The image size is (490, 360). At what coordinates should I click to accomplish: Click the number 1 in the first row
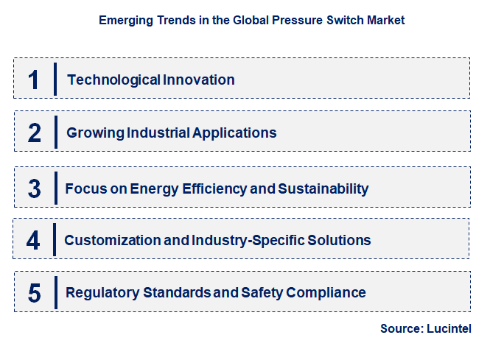pos(33,80)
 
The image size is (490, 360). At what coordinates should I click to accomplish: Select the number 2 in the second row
pos(34,133)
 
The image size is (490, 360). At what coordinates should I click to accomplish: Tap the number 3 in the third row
pos(34,188)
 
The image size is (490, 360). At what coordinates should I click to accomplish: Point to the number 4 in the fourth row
pos(34,240)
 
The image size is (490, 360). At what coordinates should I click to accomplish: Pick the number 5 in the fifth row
pos(34,292)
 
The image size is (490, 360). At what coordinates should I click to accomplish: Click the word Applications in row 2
pos(234,133)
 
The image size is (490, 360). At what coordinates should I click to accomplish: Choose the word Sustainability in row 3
pos(323,188)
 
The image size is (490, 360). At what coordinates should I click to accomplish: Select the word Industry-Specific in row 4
pos(251,240)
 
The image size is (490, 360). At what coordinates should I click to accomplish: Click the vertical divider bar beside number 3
pos(55,188)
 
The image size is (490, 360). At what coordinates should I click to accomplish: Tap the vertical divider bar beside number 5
pos(55,292)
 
